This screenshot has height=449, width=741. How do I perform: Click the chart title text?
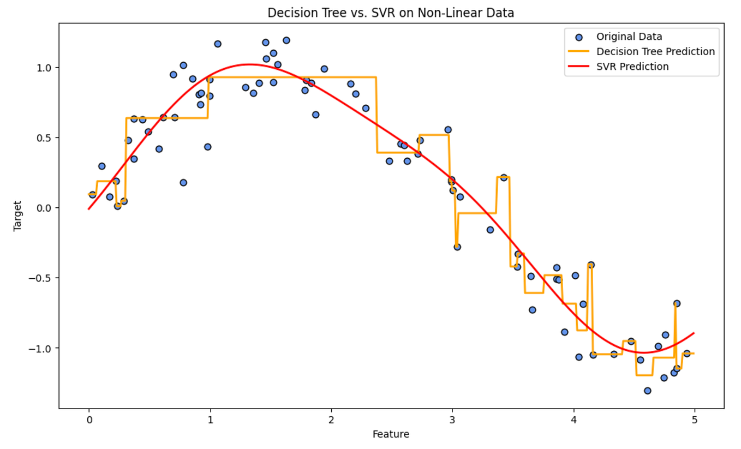(390, 13)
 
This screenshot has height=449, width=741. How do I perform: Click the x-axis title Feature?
(391, 434)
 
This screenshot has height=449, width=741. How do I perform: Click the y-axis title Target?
(17, 215)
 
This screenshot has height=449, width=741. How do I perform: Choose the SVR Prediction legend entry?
(632, 67)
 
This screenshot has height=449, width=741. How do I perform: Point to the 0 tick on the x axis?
(89, 420)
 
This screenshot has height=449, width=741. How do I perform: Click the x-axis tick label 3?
(452, 420)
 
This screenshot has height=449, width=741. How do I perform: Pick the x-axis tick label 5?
(694, 420)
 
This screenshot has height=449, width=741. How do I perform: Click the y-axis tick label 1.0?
(44, 68)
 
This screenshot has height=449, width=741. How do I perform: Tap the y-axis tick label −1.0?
(41, 348)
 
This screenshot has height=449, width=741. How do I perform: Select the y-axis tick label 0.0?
(44, 208)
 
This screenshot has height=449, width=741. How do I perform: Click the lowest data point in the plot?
(647, 391)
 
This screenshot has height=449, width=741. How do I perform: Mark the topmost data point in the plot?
(286, 40)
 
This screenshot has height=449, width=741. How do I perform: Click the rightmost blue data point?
(686, 354)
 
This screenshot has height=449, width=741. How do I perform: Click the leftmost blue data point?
(92, 195)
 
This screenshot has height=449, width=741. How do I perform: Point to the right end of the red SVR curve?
(694, 333)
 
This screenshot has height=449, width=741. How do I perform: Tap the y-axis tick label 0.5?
(44, 138)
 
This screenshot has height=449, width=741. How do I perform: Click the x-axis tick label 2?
(331, 420)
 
